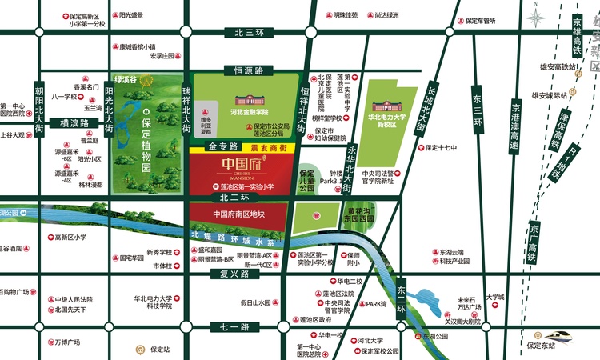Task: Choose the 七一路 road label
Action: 230,327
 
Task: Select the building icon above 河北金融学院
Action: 248,102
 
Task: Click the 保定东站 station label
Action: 535,346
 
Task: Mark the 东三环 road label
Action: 477,112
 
